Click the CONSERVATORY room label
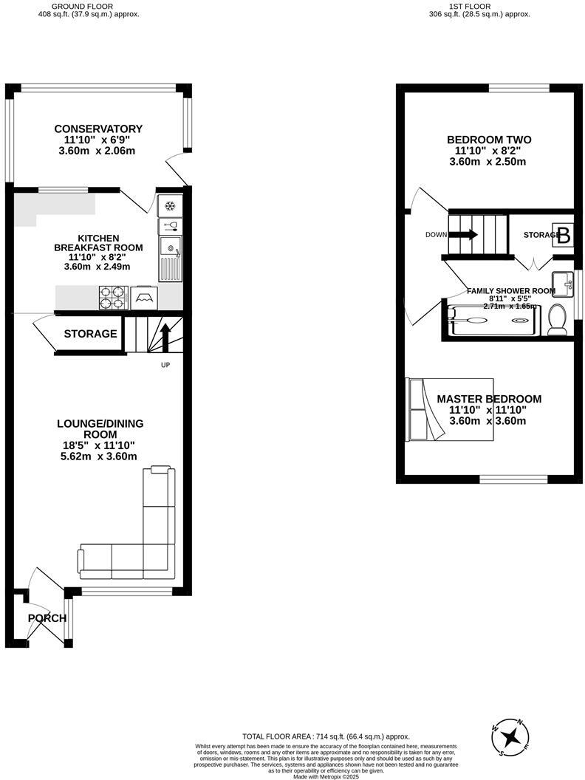pyautogui.click(x=98, y=129)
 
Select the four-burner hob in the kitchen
pyautogui.click(x=112, y=298)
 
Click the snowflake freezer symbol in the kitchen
pyautogui.click(x=170, y=205)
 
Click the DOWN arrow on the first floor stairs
pyautogui.click(x=463, y=235)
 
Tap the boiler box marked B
pyautogui.click(x=564, y=236)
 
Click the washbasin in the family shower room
pyautogui.click(x=565, y=281)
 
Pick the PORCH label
pyautogui.click(x=47, y=618)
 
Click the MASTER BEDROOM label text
pyautogui.click(x=488, y=399)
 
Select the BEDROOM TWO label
pyautogui.click(x=488, y=140)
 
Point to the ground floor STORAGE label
pyautogui.click(x=90, y=334)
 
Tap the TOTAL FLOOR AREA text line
pyautogui.click(x=326, y=736)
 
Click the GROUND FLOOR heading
pyautogui.click(x=87, y=6)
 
